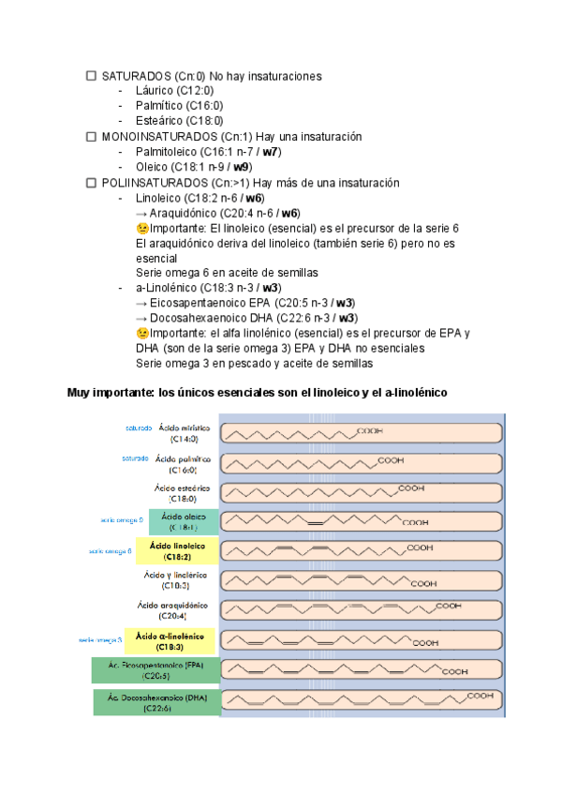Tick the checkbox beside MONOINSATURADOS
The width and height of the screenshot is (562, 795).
click(x=91, y=136)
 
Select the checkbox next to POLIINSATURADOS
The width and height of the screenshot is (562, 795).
click(x=91, y=182)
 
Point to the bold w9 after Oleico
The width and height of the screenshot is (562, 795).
click(x=242, y=167)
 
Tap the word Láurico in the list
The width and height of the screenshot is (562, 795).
click(x=155, y=91)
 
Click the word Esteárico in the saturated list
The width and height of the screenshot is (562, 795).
click(x=160, y=121)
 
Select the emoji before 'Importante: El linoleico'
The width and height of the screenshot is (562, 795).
click(x=142, y=228)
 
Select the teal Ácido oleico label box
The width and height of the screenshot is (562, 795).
click(x=182, y=522)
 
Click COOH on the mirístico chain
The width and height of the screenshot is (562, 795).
click(x=370, y=429)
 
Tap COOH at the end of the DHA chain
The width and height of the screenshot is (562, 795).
click(x=481, y=695)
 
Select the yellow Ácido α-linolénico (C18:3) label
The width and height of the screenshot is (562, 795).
click(x=175, y=641)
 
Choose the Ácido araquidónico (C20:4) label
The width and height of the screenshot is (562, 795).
click(x=178, y=610)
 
